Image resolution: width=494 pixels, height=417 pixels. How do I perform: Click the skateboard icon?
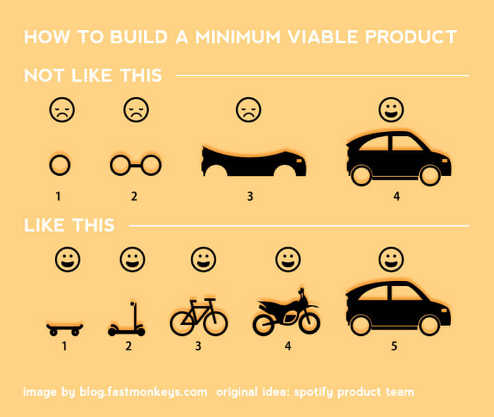(x=64, y=328)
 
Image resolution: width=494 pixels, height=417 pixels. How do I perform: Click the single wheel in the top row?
(x=60, y=165)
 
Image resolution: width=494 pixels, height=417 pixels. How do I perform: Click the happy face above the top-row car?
(x=392, y=109)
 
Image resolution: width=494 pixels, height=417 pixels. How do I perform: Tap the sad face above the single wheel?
(x=61, y=110)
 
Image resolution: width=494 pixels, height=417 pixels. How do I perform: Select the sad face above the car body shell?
(x=248, y=110)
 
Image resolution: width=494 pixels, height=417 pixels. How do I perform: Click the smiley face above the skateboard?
(x=67, y=260)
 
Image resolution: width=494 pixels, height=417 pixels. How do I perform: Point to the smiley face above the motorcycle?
(x=287, y=260)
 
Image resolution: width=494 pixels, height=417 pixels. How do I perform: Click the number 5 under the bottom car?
(x=394, y=346)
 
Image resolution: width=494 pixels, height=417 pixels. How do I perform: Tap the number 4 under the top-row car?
(x=397, y=196)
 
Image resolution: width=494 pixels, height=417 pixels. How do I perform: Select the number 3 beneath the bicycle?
(x=198, y=346)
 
